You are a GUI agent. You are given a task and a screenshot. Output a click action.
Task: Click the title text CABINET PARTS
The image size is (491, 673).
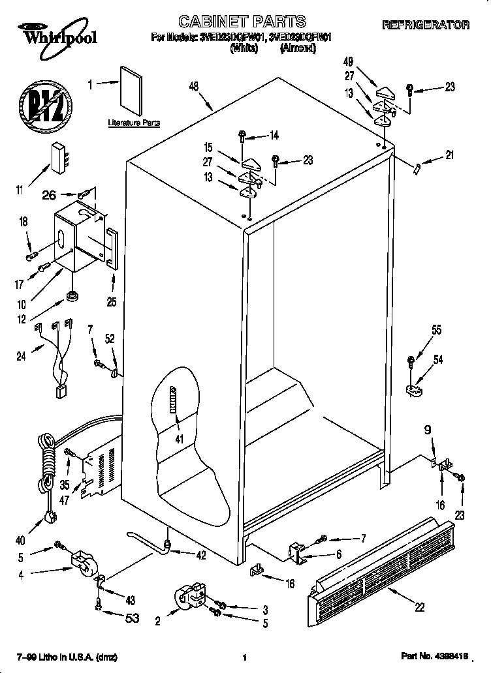[242, 23]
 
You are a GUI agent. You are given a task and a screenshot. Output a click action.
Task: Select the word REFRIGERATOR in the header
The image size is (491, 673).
[425, 25]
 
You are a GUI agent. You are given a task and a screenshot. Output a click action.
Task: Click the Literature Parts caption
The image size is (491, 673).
[134, 123]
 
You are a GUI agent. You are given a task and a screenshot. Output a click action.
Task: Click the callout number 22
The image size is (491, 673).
[419, 607]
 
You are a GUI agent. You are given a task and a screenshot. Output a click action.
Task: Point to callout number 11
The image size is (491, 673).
[20, 190]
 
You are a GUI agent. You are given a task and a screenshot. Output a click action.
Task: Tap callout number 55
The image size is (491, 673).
[436, 330]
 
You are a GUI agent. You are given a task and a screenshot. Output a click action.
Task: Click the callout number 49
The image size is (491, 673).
[349, 62]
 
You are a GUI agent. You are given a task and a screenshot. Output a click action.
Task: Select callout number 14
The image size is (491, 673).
[273, 136]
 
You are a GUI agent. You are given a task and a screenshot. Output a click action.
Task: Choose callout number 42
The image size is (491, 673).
[200, 556]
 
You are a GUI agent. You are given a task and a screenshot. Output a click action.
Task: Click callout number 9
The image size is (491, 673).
[428, 430]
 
